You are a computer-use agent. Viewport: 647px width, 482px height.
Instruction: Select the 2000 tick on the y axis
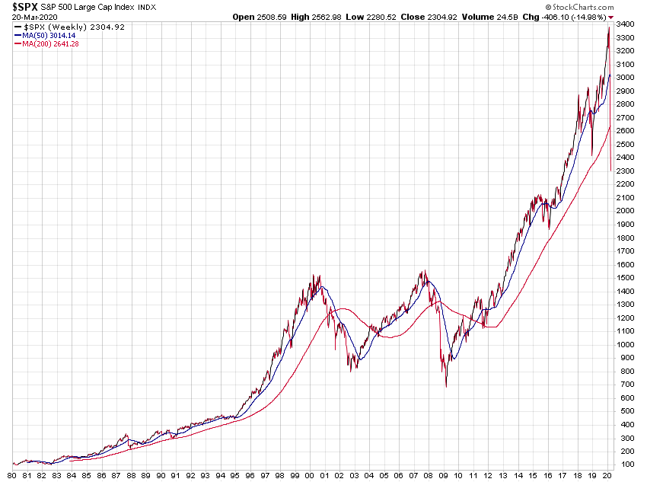click(x=626, y=211)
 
